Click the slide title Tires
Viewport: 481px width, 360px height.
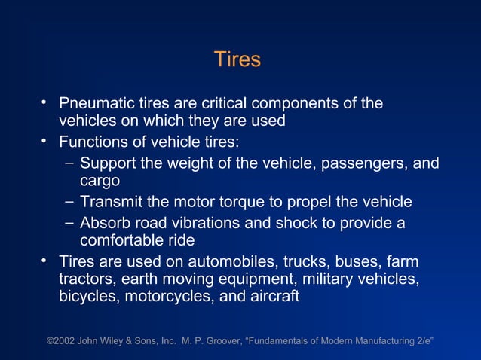click(x=237, y=59)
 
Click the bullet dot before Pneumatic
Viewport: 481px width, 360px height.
click(x=45, y=101)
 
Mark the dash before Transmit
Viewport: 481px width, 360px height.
click(x=69, y=201)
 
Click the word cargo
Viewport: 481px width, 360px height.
click(x=100, y=182)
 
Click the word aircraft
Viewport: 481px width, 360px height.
click(x=271, y=297)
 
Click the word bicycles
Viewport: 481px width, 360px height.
click(x=88, y=297)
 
